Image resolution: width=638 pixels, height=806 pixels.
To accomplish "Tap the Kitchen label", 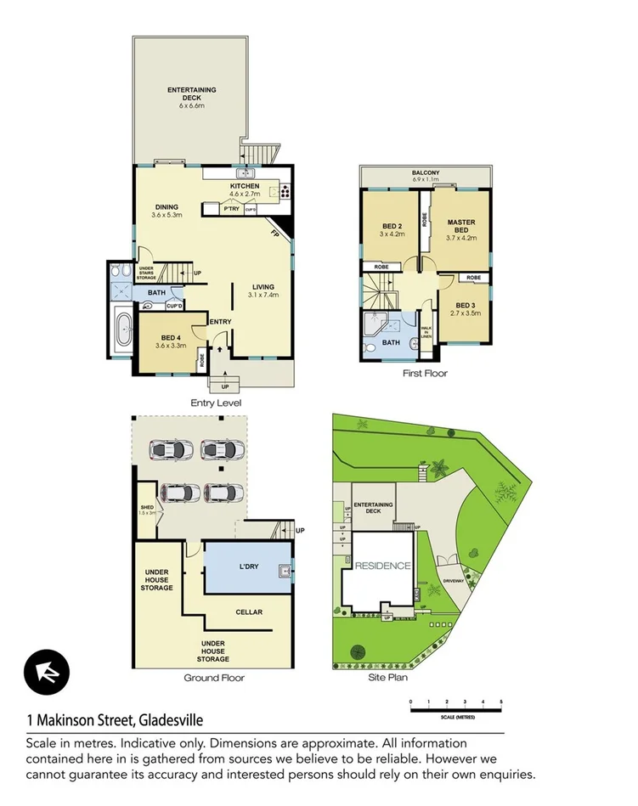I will click(x=245, y=186).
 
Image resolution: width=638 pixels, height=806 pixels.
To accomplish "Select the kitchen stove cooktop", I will click(x=283, y=191).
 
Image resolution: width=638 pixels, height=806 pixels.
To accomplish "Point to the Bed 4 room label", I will click(x=170, y=338).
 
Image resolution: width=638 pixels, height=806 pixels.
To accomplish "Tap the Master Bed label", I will click(x=461, y=226).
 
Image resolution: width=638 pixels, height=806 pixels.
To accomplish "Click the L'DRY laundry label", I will click(x=248, y=565).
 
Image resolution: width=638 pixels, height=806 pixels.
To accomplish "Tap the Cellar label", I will click(x=248, y=612).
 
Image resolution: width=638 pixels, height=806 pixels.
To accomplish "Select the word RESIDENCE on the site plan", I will click(x=382, y=566).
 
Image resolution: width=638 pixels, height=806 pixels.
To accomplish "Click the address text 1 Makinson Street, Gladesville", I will click(x=115, y=720).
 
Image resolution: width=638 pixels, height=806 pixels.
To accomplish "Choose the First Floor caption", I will click(x=425, y=373).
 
